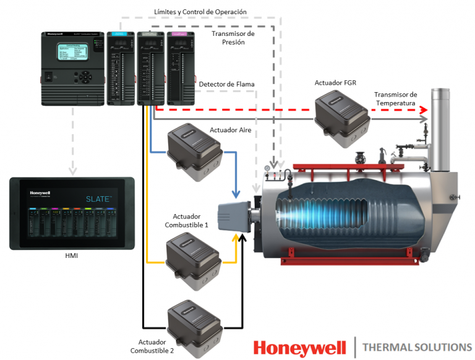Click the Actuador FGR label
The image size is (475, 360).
[335, 82]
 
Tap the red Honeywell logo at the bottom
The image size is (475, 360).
[299, 347]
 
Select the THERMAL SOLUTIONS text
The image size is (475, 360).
[417, 347]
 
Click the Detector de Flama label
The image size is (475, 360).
[227, 84]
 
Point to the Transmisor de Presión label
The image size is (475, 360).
[233, 38]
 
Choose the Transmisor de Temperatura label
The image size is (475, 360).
[396, 98]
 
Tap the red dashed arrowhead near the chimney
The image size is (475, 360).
[424, 110]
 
